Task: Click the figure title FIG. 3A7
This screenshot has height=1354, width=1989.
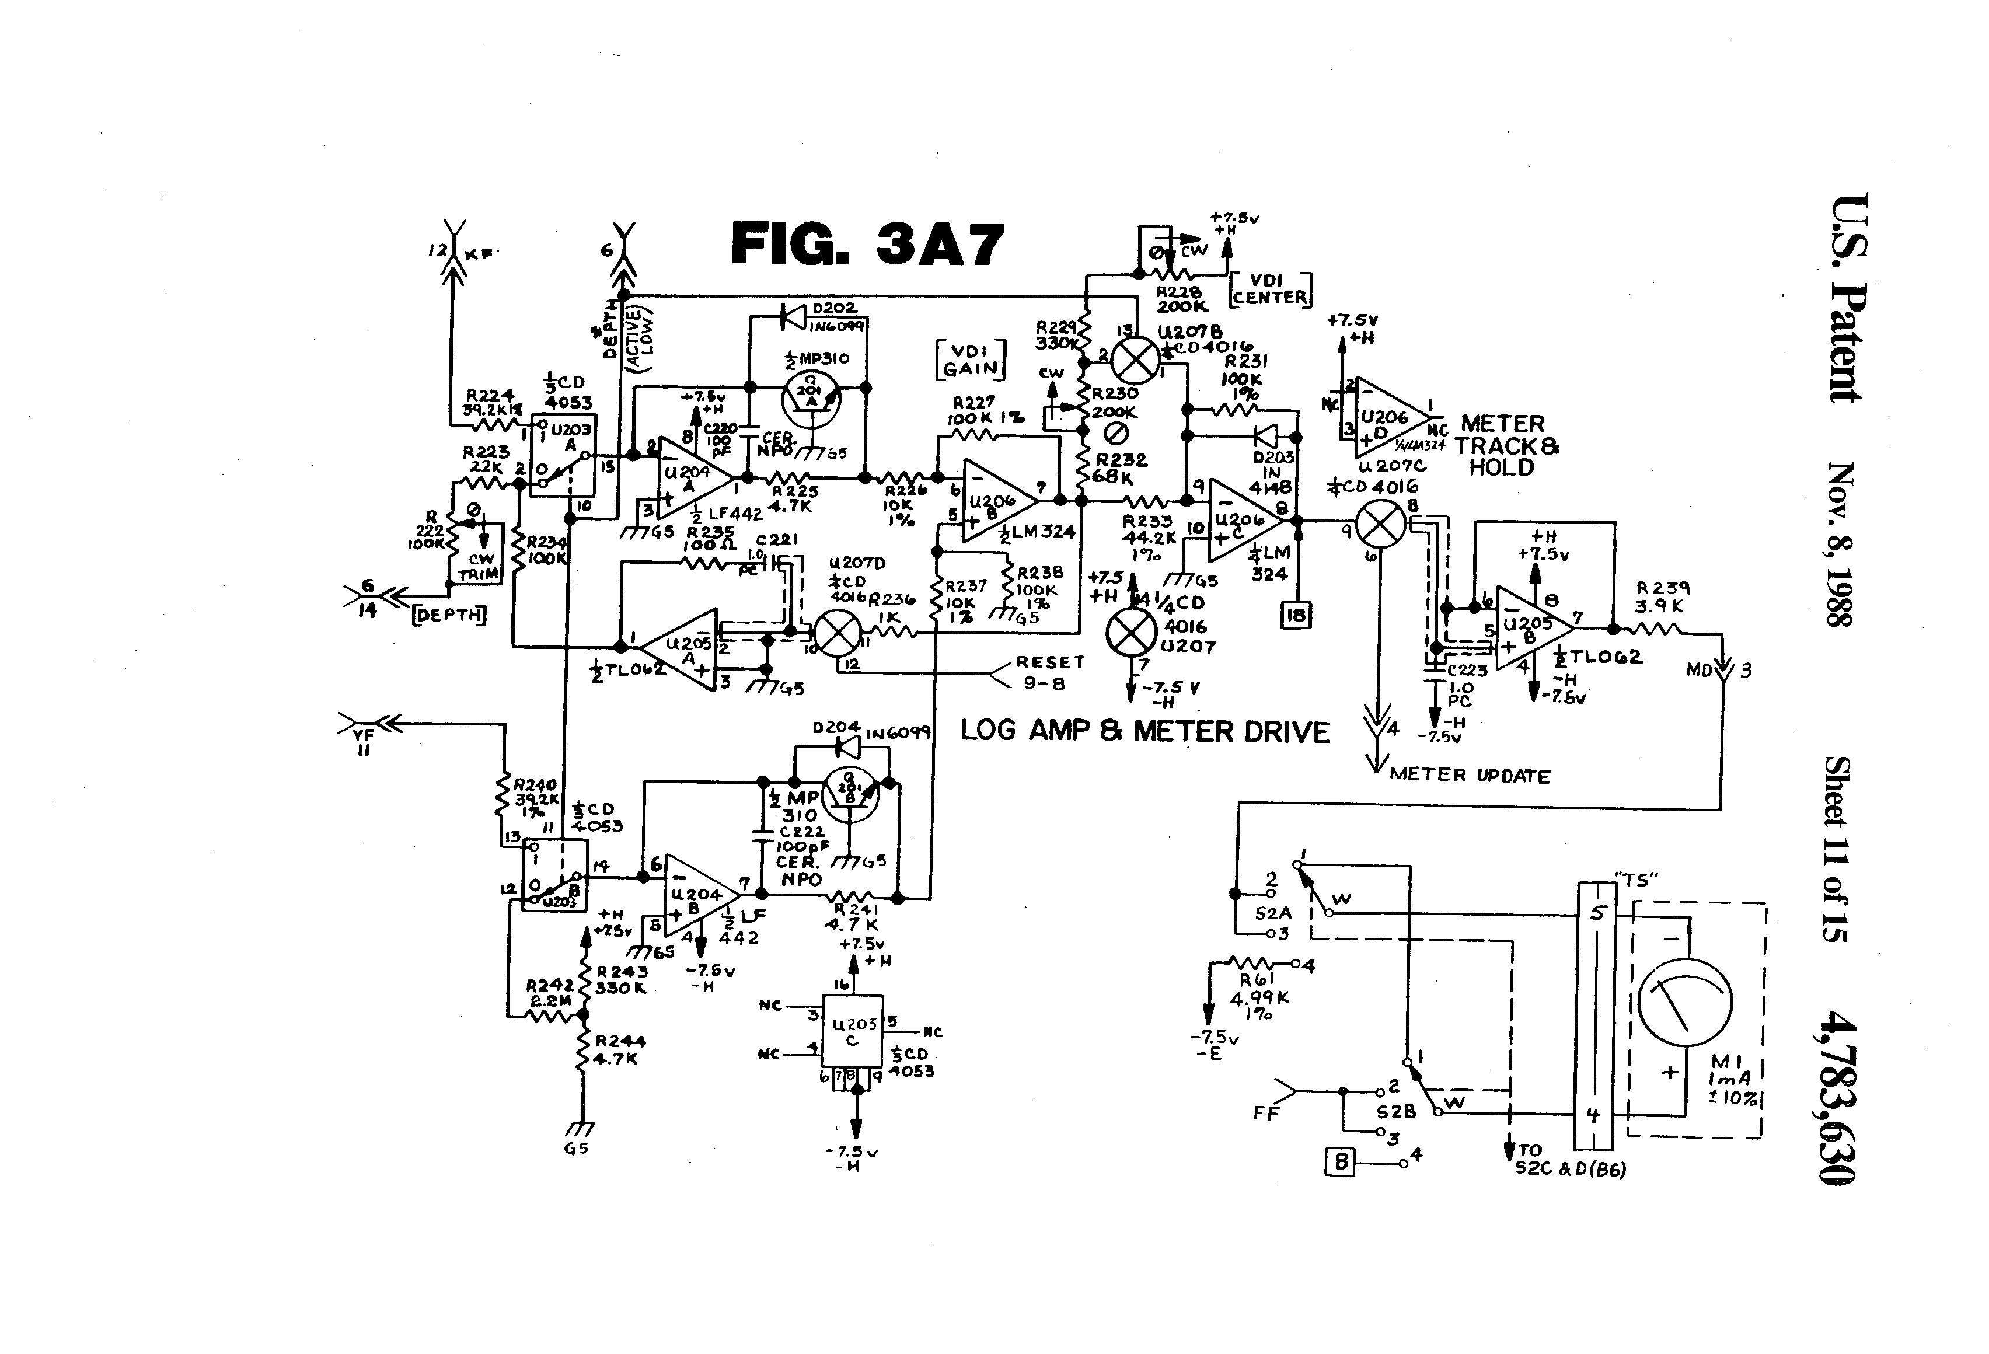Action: click(x=867, y=244)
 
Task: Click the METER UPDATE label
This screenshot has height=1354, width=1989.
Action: click(x=1470, y=776)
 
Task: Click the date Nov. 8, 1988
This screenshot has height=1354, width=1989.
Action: click(x=1841, y=545)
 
